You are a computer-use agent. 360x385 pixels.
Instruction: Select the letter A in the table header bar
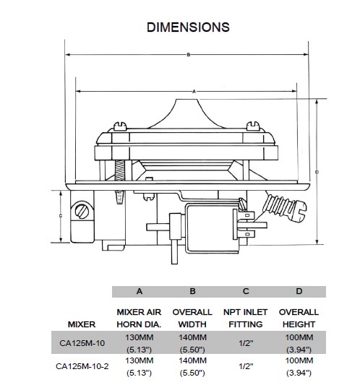point(139,292)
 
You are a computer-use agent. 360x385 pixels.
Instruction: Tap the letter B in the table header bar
point(192,292)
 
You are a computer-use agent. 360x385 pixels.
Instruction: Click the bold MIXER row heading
point(82,324)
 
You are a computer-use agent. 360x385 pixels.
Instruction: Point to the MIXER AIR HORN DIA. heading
point(139,318)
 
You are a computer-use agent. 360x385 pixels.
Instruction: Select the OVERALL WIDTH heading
point(192,318)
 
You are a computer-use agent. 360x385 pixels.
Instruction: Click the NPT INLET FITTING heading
point(247,318)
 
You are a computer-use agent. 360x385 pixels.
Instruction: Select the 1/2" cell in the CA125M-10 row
point(247,342)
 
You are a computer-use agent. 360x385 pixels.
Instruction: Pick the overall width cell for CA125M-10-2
point(192,365)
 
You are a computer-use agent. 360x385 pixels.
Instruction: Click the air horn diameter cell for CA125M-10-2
point(139,365)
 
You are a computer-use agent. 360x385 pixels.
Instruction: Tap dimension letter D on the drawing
point(317,172)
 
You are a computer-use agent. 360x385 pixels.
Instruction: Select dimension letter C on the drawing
point(60,216)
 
